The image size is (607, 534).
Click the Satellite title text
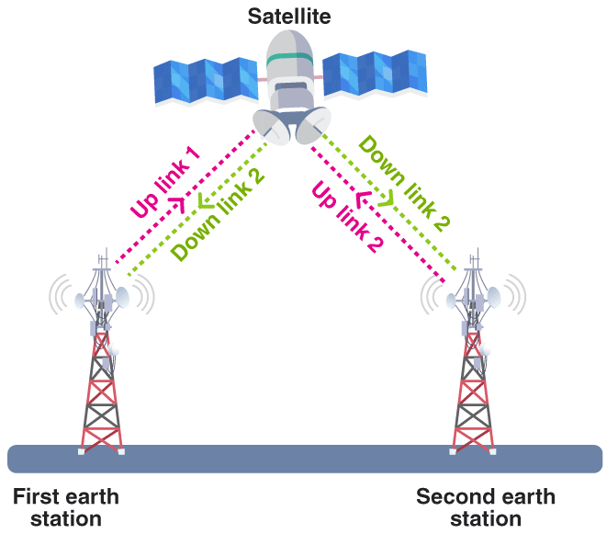(289, 17)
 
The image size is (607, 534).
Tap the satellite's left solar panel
(206, 80)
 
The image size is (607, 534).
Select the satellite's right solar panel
(375, 73)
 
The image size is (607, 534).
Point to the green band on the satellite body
(289, 59)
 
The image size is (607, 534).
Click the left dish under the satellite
(272, 127)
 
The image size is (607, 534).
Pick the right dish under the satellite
(313, 125)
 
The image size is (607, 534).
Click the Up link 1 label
(165, 182)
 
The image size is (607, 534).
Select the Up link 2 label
(347, 217)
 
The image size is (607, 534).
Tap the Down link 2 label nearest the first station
(218, 216)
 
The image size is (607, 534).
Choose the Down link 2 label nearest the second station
(405, 183)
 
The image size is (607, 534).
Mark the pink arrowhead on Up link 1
(178, 204)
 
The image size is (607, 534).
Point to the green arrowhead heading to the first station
(205, 200)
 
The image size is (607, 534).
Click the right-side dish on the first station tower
(122, 297)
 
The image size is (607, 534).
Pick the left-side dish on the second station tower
(452, 301)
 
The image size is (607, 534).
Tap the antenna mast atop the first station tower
(104, 260)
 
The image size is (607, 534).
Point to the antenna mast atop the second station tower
(475, 260)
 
